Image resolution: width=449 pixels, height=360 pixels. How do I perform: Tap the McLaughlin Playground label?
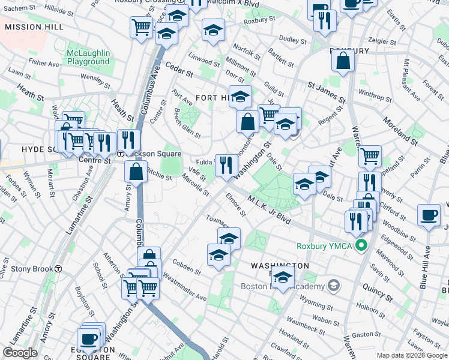[x=88, y=57]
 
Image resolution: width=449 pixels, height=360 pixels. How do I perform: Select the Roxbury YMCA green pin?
[x=361, y=245]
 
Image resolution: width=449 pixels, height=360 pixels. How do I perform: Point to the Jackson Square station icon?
[x=120, y=154]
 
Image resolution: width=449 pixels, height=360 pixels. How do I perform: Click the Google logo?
[x=20, y=353]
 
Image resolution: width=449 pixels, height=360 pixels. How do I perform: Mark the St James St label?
[x=327, y=93]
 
